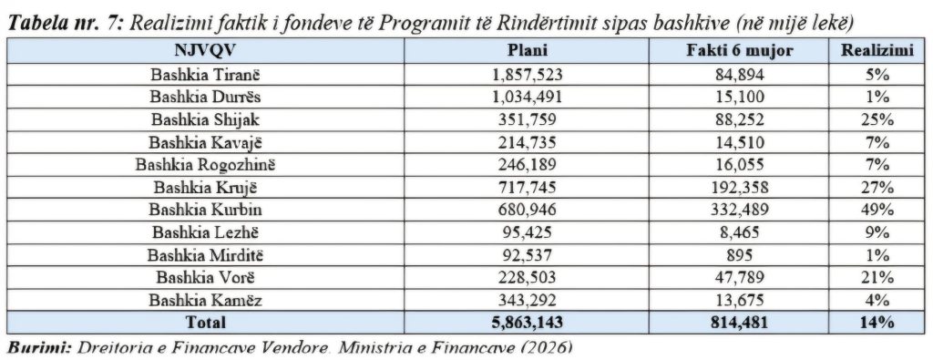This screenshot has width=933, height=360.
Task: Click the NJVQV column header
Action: click(x=205, y=50)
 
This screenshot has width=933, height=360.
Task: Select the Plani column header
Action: click(x=527, y=50)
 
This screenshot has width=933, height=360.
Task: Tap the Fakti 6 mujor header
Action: click(x=740, y=50)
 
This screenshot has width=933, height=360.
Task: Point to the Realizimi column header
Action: click(x=877, y=50)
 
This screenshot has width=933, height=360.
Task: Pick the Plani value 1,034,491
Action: click(x=527, y=98)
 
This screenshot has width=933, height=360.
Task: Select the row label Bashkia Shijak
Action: click(x=205, y=119)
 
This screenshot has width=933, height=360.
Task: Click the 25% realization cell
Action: click(x=877, y=119)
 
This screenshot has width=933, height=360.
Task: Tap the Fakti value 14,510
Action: click(x=740, y=142)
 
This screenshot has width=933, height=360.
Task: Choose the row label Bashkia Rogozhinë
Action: click(x=205, y=165)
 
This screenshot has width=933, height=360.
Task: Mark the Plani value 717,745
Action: click(x=527, y=188)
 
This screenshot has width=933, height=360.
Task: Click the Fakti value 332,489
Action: click(x=740, y=210)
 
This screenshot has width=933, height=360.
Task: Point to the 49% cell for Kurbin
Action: click(x=877, y=210)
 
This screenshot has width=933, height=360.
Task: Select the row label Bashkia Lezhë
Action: click(x=205, y=232)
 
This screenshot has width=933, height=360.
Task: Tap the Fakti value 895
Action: click(x=740, y=255)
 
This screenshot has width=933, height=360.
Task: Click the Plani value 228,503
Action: click(x=527, y=278)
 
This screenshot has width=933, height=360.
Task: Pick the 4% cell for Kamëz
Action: click(x=877, y=300)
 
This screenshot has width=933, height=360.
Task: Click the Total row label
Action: click(x=205, y=323)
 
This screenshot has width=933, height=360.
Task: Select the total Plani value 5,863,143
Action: click(x=527, y=323)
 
